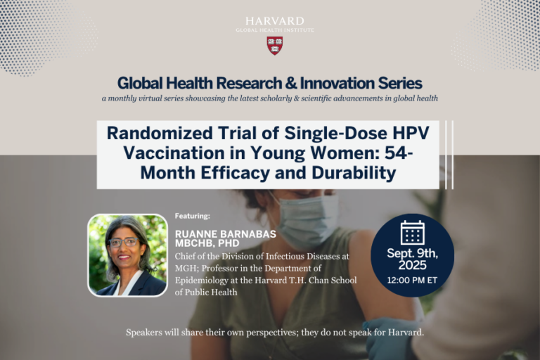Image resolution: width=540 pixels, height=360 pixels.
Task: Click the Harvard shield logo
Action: (x=275, y=45)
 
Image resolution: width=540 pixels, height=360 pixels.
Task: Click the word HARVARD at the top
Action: (x=275, y=21)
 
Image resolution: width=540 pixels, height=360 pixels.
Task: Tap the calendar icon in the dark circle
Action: (x=412, y=233)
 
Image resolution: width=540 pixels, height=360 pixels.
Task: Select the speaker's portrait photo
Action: (x=127, y=255)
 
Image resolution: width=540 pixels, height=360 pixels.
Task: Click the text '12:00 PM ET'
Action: (x=412, y=280)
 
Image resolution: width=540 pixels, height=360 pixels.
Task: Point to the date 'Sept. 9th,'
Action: (x=412, y=252)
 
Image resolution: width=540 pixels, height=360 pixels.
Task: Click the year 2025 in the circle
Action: (x=412, y=265)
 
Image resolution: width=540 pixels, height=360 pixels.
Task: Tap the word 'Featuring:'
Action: (x=192, y=216)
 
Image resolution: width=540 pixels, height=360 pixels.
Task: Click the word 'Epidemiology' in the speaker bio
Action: (x=203, y=280)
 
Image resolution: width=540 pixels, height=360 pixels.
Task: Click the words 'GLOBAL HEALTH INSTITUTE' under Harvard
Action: (x=275, y=30)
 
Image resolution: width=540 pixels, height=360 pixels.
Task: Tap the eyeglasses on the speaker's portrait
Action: (x=124, y=243)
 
